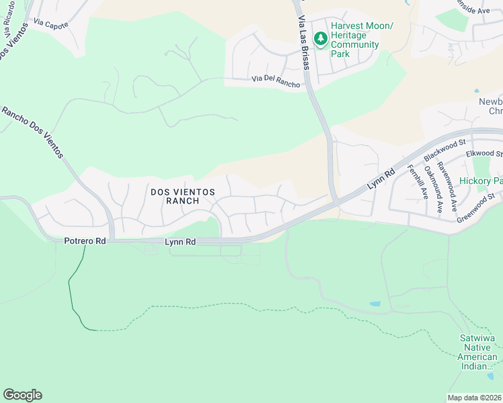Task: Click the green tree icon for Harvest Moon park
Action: click(321, 39)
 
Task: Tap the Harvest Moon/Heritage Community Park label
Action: click(355, 40)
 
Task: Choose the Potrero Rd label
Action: click(85, 240)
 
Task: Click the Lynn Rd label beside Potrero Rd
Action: click(180, 241)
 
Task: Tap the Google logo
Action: click(22, 395)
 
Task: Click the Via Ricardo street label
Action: click(9, 27)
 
